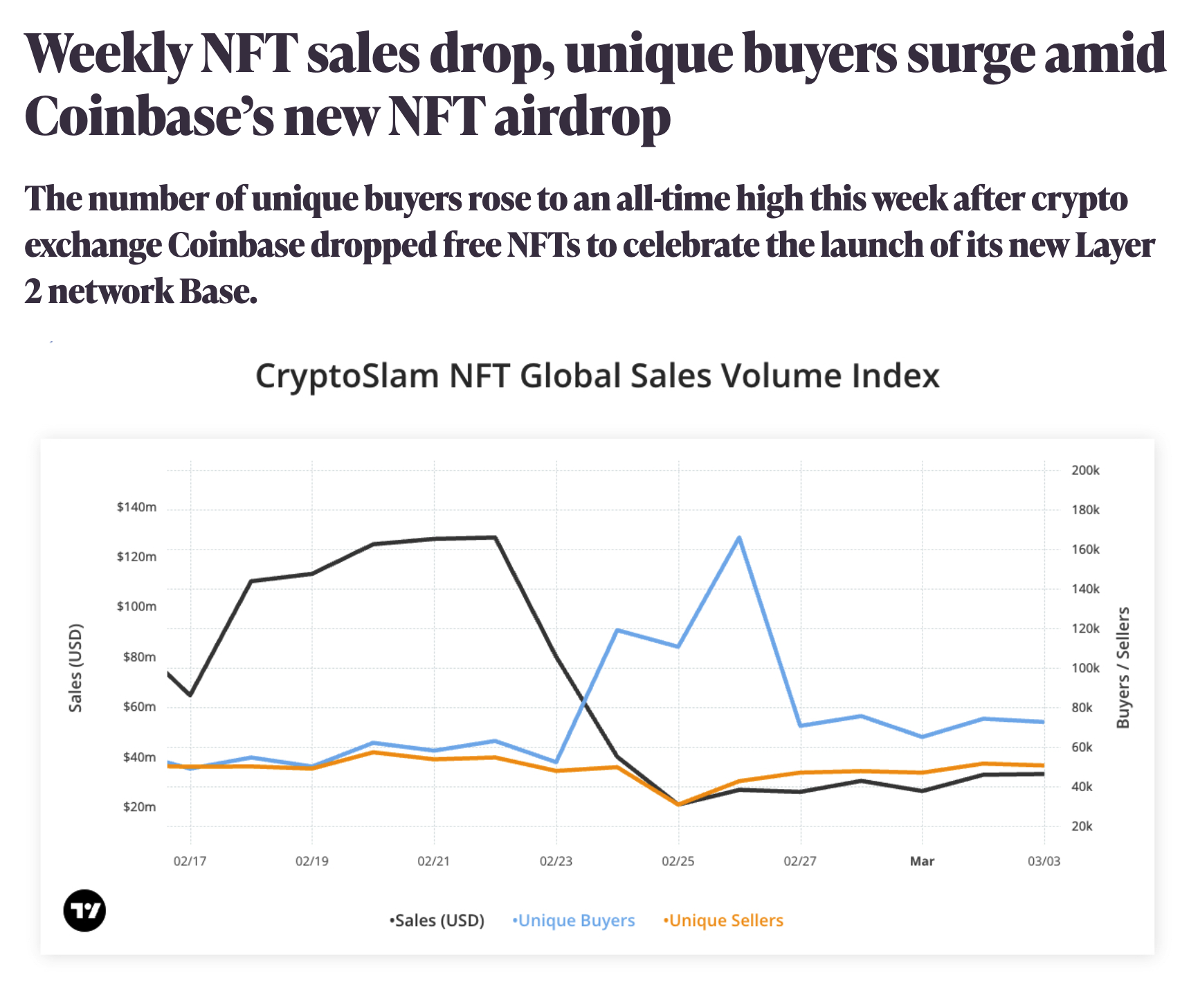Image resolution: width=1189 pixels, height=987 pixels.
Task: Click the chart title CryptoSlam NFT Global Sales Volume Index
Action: [597, 377]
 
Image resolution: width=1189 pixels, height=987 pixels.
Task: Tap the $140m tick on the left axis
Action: [136, 507]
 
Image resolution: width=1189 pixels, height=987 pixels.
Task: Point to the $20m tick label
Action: [139, 807]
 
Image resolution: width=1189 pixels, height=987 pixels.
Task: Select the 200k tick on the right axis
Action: [1084, 471]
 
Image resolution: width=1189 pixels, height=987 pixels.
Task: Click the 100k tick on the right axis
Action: [1084, 669]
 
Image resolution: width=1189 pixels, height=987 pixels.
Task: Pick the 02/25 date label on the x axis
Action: [678, 862]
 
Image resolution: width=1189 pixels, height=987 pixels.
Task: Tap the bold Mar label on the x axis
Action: [922, 862]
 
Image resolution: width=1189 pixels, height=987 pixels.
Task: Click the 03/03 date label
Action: [1043, 862]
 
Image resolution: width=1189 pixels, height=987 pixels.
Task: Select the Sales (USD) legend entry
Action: [437, 921]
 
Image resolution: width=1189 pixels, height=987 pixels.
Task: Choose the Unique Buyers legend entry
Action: [574, 921]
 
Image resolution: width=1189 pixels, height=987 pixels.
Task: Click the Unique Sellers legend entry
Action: [724, 921]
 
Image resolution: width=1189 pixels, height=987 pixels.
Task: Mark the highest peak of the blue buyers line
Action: [739, 538]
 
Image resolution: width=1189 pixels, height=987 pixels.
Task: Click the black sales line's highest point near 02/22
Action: [495, 537]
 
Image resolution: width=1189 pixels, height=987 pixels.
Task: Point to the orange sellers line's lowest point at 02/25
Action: [678, 804]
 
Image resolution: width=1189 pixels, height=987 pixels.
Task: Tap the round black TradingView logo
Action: [84, 910]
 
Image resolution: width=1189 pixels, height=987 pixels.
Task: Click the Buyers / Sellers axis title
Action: [1123, 668]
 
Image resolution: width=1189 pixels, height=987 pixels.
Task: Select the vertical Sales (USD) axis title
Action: [75, 668]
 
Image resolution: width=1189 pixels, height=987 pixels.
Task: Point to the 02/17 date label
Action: [190, 862]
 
